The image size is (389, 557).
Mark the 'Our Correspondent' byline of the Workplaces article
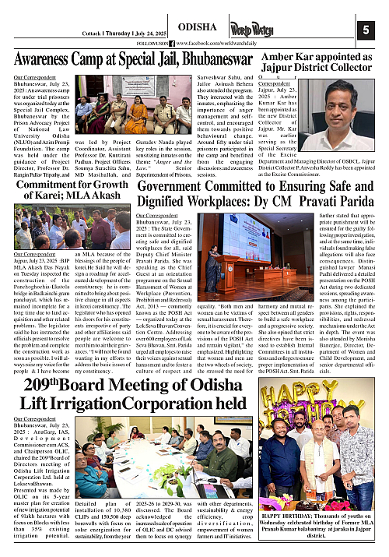[158, 216]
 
